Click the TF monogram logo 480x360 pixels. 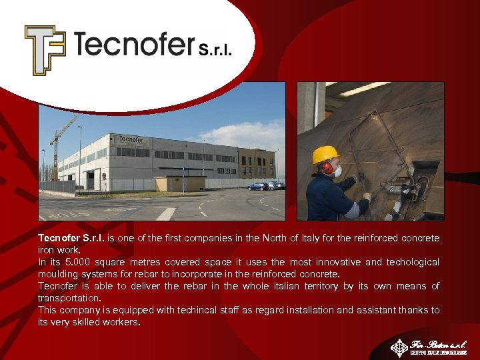point(45,50)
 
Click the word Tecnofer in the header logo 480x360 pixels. point(133,45)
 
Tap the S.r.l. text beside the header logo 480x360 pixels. point(215,49)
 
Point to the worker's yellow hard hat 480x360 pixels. point(325,155)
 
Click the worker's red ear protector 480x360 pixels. point(327,168)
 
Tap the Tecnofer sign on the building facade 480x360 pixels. point(131,139)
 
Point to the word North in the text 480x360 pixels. point(288,238)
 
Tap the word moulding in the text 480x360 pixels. point(57,274)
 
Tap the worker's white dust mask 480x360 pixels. point(337,172)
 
